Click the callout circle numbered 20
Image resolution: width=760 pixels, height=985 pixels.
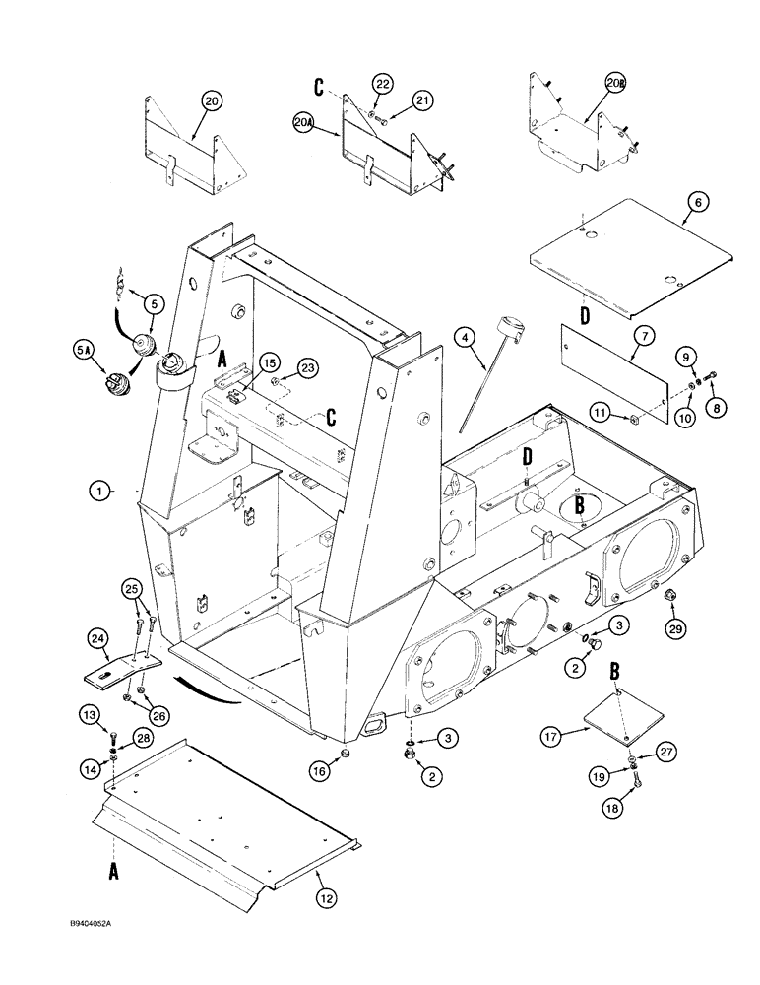(211, 99)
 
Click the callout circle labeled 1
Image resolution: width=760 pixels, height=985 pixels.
(99, 488)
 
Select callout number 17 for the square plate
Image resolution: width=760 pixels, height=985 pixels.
(553, 734)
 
